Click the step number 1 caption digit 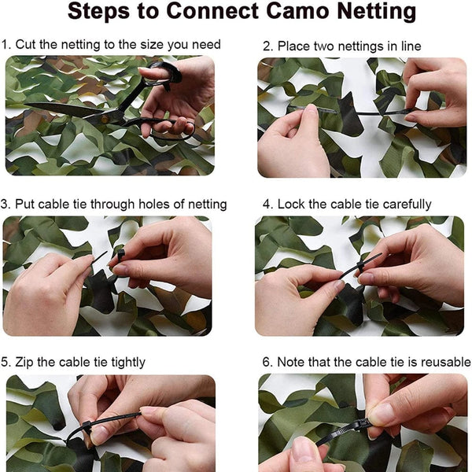coord(5,45)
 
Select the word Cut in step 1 coord(26,45)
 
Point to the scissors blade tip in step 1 coord(28,107)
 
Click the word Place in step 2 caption coord(292,46)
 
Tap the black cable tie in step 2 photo coord(370,112)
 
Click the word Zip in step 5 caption coord(25,363)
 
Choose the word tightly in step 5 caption coord(125,363)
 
